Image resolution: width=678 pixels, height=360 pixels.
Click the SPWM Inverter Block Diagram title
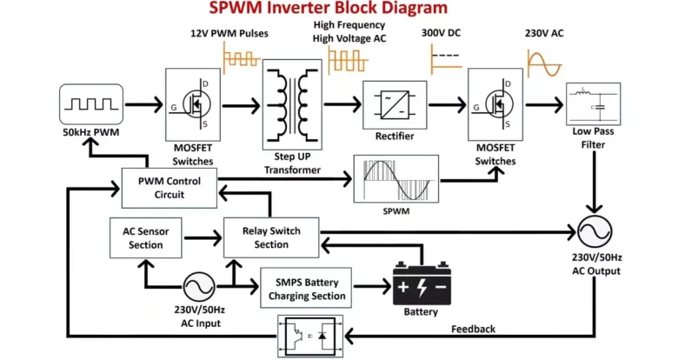328,9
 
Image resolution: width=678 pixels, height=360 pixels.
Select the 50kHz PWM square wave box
86,106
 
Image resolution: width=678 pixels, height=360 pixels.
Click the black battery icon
421,286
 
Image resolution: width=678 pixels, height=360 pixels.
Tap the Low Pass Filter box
595,104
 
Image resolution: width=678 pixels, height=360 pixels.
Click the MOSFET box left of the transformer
195,104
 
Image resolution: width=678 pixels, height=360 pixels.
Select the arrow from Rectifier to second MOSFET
446,105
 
